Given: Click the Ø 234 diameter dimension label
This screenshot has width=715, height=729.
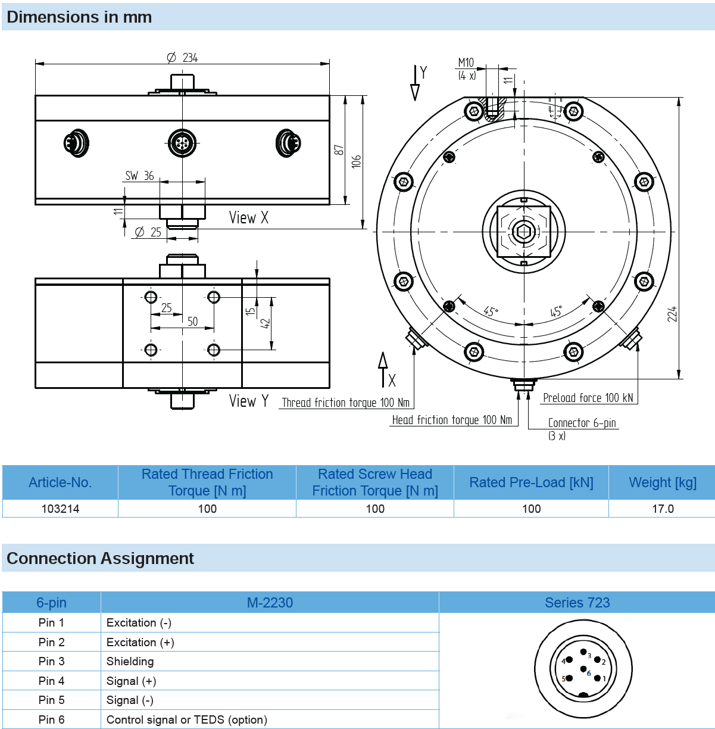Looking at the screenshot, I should click(182, 58).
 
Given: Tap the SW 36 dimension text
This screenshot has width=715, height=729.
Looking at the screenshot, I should click(139, 176).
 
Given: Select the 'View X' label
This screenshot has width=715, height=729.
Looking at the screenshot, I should click(249, 218).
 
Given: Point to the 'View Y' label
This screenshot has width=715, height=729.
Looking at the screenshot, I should click(249, 401).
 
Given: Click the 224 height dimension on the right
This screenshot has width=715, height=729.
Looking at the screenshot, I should click(672, 314).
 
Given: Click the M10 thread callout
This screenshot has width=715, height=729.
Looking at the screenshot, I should click(466, 63).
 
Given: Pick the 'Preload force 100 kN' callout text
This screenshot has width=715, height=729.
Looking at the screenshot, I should click(588, 398).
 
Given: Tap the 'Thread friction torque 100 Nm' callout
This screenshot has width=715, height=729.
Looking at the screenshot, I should click(345, 403).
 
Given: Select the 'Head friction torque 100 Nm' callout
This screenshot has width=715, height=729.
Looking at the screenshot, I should click(452, 420).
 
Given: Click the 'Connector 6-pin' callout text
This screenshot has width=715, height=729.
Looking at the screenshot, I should click(582, 423).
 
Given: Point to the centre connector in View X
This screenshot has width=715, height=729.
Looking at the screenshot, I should click(182, 143).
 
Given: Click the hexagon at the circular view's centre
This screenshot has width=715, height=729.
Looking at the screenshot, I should click(524, 232).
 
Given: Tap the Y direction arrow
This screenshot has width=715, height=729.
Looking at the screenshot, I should click(415, 83).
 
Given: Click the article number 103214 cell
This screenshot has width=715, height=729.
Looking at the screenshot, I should click(60, 509).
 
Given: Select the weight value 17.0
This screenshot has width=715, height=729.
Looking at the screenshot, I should click(663, 509).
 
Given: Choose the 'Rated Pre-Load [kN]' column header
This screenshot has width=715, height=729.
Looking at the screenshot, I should click(531, 482).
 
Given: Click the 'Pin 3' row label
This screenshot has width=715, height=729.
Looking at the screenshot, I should click(51, 661).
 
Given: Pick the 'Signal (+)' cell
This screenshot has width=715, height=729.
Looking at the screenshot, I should click(131, 681).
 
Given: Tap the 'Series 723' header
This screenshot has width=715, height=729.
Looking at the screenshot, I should click(577, 603).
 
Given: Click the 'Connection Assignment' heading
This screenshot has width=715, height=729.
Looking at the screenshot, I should click(100, 558).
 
